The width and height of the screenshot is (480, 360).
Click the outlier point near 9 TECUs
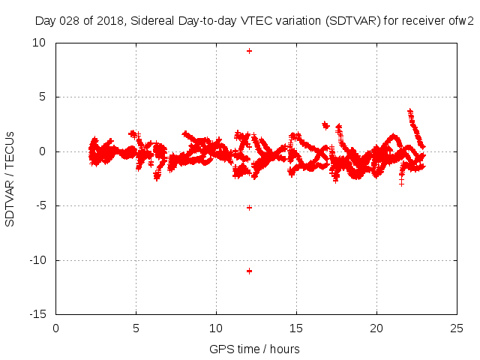point(249,51)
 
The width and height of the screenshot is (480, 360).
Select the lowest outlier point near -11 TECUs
point(249,271)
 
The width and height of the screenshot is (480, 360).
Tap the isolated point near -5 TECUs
point(249,207)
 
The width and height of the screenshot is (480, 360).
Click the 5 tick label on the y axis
point(43,97)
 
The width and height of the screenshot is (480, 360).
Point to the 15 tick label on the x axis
point(296,328)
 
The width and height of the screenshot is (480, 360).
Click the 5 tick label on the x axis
point(136,328)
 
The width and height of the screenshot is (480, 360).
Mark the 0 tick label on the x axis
point(55,328)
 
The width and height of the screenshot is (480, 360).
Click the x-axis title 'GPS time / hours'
point(254,349)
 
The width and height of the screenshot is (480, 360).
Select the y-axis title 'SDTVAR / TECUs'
point(10,179)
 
